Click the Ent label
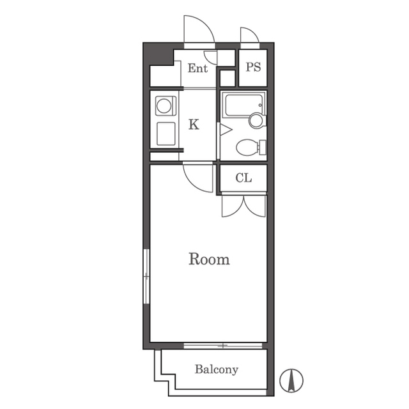click(x=197, y=68)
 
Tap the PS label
click(x=253, y=67)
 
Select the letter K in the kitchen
click(x=194, y=125)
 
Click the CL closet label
click(x=243, y=178)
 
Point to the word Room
click(x=209, y=259)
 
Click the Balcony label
click(x=217, y=369)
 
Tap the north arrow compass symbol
click(x=291, y=381)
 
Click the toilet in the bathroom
click(x=251, y=148)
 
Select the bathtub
click(x=243, y=105)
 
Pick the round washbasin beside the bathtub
click(x=257, y=121)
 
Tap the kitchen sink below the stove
click(x=166, y=134)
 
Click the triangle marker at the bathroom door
click(x=226, y=130)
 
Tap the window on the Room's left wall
click(x=146, y=276)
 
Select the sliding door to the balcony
click(x=223, y=346)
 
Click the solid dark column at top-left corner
click(x=157, y=54)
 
